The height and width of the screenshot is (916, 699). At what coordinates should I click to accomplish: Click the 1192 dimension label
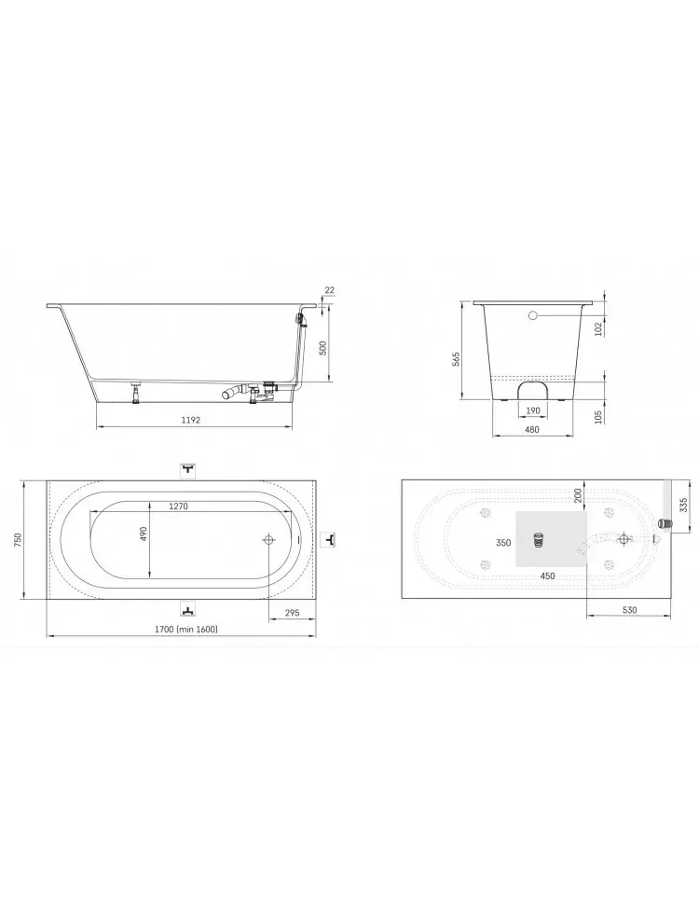pos(191,420)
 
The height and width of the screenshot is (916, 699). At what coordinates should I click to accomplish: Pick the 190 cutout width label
pos(533,410)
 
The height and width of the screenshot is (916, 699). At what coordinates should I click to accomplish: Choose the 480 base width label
pos(532,429)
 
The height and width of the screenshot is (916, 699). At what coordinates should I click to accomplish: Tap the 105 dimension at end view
pos(597,417)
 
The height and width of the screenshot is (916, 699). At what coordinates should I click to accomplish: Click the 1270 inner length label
pos(179,507)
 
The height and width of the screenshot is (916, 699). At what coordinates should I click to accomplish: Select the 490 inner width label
pos(144,534)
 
